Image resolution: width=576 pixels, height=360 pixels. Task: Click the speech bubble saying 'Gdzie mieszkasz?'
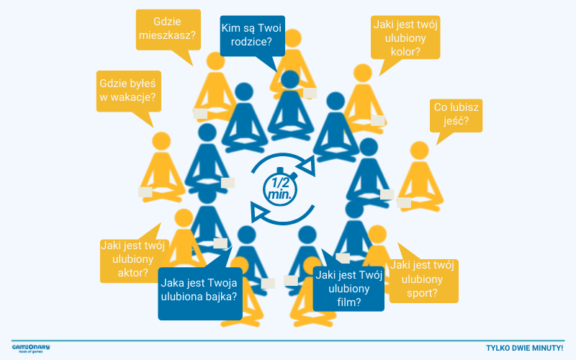pyautogui.click(x=168, y=30)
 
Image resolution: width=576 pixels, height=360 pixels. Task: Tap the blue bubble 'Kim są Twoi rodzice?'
pyautogui.click(x=253, y=35)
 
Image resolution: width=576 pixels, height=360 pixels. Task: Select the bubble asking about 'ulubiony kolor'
pyautogui.click(x=405, y=37)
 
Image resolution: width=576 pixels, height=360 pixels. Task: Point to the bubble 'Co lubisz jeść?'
pyautogui.click(x=456, y=115)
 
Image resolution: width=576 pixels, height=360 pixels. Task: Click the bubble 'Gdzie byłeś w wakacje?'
pyautogui.click(x=129, y=91)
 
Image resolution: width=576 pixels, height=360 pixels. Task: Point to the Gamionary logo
pyautogui.click(x=30, y=348)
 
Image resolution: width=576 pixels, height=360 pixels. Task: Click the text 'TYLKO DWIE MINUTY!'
pyautogui.click(x=525, y=348)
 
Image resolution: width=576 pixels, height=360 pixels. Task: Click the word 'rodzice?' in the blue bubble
pyautogui.click(x=251, y=42)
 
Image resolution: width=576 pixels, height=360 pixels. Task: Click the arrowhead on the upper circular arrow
pyautogui.click(x=308, y=166)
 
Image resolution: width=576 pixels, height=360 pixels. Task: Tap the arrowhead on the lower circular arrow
pyautogui.click(x=259, y=212)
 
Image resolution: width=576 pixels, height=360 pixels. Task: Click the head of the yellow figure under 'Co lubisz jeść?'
pyautogui.click(x=419, y=150)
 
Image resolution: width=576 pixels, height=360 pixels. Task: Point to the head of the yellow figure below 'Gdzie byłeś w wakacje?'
pyautogui.click(x=161, y=141)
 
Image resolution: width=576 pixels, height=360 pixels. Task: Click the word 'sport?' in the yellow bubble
pyautogui.click(x=422, y=293)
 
